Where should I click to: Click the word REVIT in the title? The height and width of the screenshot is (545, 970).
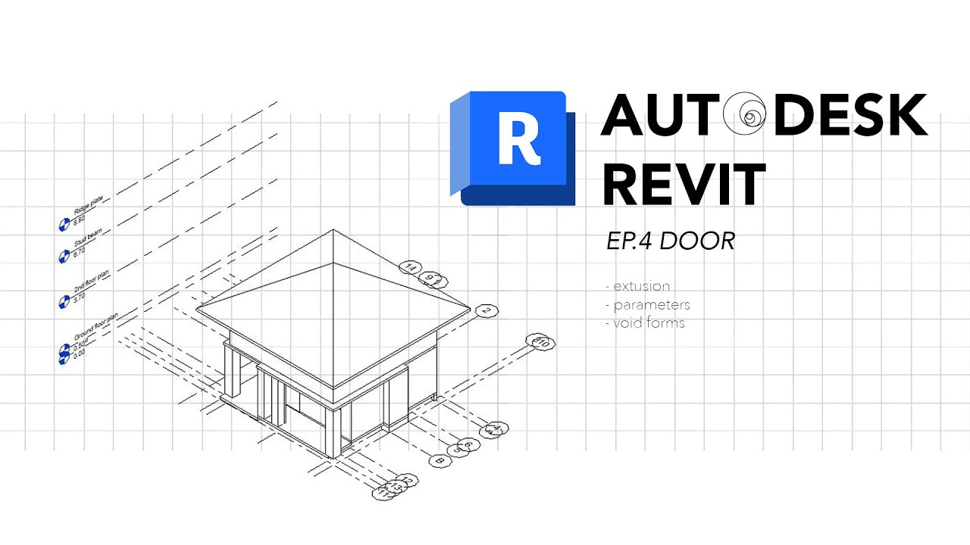[684, 185]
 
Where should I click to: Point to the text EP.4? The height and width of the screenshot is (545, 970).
[629, 241]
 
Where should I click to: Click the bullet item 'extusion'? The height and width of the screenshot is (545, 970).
[640, 286]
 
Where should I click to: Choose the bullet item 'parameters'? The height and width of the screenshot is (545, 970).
[650, 305]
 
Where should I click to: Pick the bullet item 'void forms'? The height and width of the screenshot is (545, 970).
[648, 323]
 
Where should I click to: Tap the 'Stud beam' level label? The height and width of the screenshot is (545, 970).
[87, 239]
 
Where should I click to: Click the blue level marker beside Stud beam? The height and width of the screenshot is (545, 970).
[64, 255]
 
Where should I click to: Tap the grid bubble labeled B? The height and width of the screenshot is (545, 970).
[437, 459]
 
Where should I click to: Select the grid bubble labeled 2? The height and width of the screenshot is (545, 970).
[486, 310]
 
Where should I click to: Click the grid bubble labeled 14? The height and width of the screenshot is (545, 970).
[410, 267]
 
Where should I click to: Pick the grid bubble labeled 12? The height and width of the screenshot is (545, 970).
[408, 479]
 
